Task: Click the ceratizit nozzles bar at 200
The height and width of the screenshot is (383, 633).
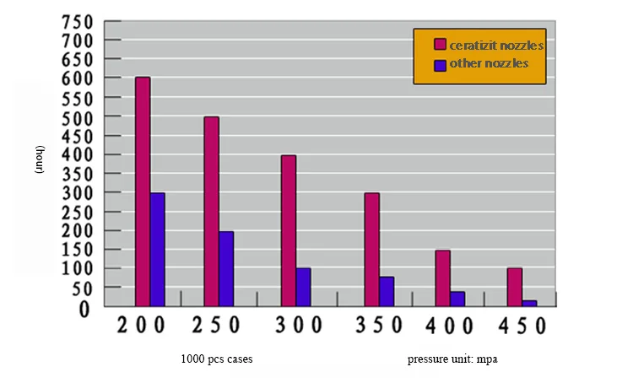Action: click(143, 191)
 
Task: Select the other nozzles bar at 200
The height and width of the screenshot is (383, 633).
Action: click(157, 250)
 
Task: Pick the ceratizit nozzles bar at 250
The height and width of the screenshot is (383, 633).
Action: click(211, 211)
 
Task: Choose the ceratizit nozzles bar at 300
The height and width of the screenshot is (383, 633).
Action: click(289, 230)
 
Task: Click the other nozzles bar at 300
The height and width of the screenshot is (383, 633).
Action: click(303, 287)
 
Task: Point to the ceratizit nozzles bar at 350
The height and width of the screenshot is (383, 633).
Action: click(371, 250)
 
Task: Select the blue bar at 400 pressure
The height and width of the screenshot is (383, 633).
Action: click(457, 299)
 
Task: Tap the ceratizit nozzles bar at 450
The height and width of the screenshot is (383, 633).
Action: click(514, 287)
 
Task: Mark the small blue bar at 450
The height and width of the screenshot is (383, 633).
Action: click(529, 303)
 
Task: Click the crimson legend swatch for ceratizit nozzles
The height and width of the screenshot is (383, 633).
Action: click(440, 45)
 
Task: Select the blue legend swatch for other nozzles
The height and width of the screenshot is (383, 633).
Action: click(440, 64)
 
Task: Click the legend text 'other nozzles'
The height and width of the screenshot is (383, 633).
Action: click(489, 64)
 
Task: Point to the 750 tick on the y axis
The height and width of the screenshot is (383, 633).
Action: click(81, 21)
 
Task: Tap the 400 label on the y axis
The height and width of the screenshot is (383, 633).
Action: click(81, 154)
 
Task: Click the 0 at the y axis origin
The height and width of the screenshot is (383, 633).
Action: click(84, 309)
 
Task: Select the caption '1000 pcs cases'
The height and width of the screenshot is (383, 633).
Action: click(217, 359)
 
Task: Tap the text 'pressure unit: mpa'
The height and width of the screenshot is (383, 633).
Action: click(452, 359)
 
